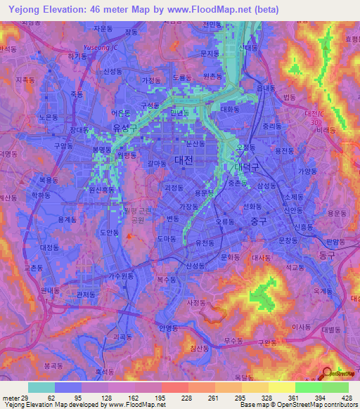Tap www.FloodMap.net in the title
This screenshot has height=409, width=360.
click(x=217, y=9)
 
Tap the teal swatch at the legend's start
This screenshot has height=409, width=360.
click(x=41, y=387)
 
